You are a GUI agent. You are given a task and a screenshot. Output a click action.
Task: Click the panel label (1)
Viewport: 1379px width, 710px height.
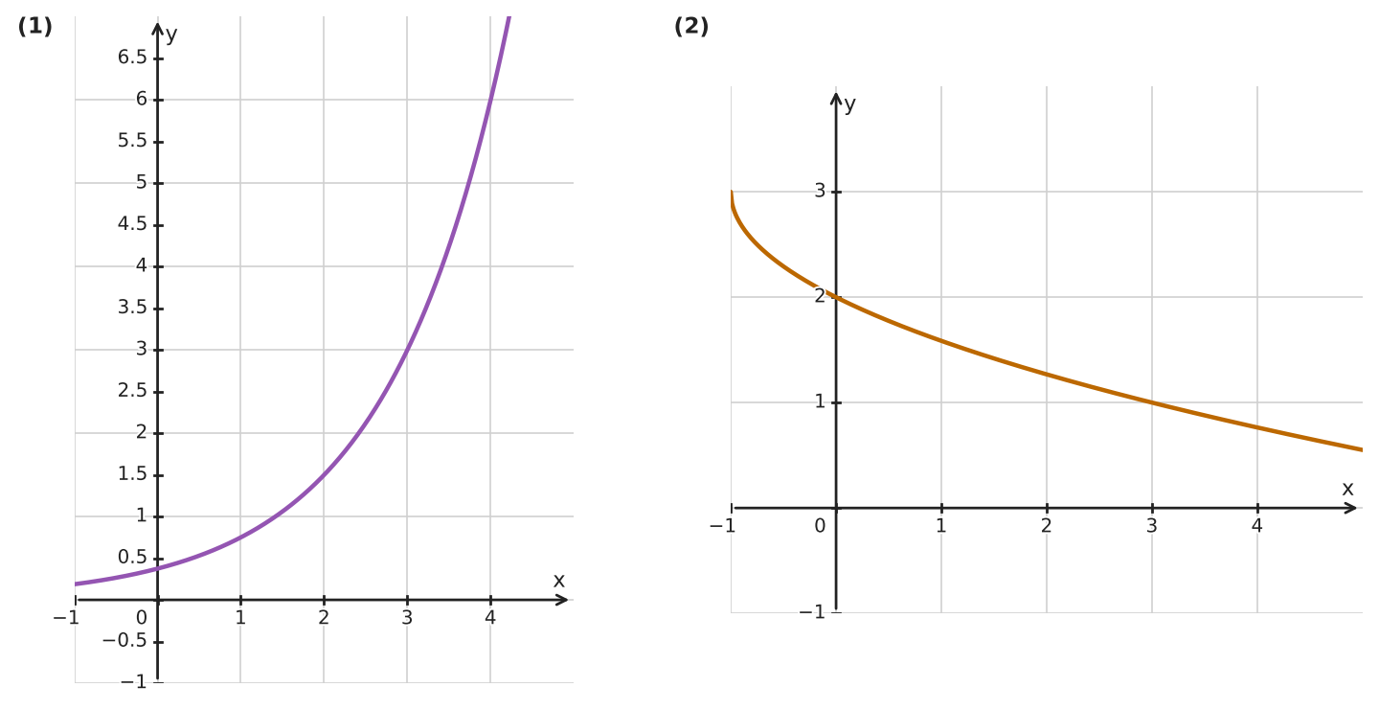point(35,27)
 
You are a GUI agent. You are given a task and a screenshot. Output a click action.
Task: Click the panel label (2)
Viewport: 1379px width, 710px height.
point(691,27)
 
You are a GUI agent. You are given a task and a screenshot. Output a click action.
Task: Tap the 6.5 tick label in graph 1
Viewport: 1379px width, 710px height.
point(132,57)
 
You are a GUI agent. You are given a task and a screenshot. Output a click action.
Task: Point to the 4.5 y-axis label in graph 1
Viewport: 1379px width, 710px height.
point(132,224)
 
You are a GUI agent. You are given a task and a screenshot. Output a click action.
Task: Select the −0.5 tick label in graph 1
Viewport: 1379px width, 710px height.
point(124,641)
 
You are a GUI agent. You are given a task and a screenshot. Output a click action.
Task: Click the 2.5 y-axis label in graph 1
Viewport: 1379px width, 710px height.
point(132,391)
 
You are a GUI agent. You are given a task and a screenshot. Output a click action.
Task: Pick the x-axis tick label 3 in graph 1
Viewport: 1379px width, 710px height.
point(407,618)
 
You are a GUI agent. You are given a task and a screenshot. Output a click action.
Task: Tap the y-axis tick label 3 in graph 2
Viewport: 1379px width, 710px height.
point(820,191)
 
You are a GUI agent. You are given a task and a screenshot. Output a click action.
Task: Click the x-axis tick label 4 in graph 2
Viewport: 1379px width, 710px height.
point(1257,526)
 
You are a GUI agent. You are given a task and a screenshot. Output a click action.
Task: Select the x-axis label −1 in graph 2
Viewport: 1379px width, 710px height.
point(723,526)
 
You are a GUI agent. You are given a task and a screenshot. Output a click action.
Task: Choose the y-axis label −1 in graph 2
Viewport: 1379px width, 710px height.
point(812,612)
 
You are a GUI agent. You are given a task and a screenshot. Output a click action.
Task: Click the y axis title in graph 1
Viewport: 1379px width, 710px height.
point(171,35)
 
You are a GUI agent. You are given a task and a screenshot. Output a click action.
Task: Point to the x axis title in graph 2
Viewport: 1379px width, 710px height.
point(1347,489)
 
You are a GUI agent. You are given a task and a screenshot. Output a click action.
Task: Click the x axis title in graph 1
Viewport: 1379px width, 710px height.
point(558,581)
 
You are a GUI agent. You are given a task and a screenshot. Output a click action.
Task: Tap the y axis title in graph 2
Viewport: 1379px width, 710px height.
point(849,105)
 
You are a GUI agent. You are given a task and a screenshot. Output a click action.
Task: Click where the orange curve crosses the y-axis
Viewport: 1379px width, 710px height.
point(836,297)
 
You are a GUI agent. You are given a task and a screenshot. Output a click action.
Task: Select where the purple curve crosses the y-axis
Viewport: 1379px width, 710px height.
point(158,568)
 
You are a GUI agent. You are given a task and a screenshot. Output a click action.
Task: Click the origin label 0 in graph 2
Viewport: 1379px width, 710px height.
point(820,526)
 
